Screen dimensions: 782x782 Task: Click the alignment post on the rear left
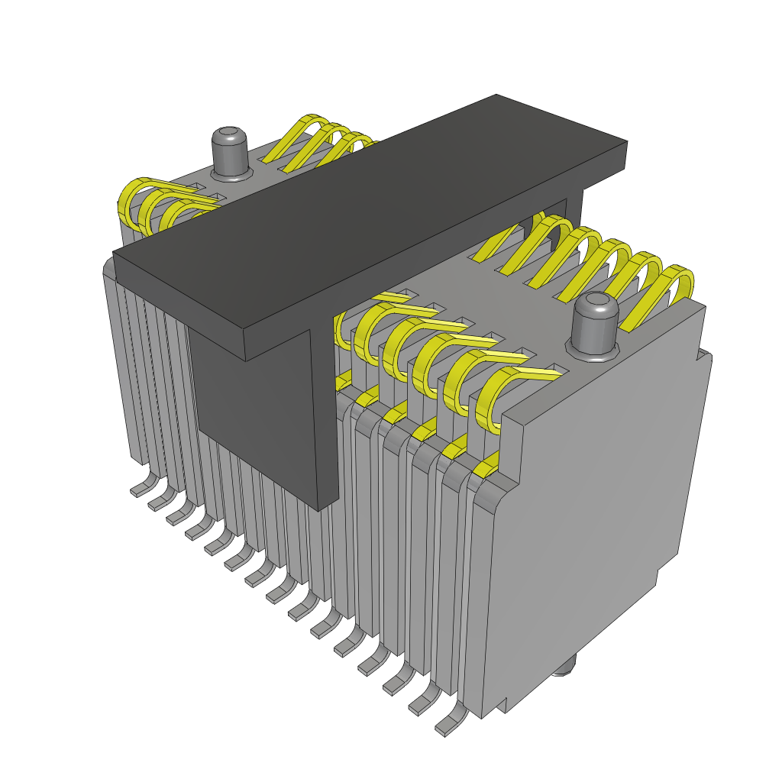coord(230,150)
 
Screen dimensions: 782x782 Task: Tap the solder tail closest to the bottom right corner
coord(451,722)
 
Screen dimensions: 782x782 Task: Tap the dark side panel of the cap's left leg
coord(252,397)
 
